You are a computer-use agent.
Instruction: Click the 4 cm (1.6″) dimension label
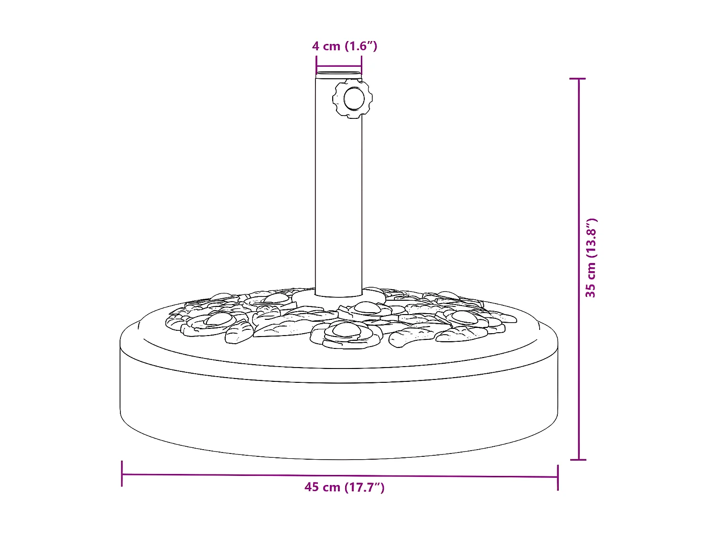click(345, 46)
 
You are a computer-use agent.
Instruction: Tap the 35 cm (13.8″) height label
click(591, 258)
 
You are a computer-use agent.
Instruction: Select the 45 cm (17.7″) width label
click(344, 487)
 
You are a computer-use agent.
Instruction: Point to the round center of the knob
click(354, 99)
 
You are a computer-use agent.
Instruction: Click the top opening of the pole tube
click(338, 74)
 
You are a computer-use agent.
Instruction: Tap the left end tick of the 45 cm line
click(122, 474)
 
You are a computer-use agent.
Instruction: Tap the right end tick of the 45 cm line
click(557, 477)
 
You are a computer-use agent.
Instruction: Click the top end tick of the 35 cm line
click(578, 78)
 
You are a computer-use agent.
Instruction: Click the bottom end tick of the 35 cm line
click(578, 460)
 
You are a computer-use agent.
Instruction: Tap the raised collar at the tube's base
click(338, 300)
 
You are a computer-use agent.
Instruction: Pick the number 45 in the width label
click(312, 487)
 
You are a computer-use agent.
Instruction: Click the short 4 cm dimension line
click(339, 67)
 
